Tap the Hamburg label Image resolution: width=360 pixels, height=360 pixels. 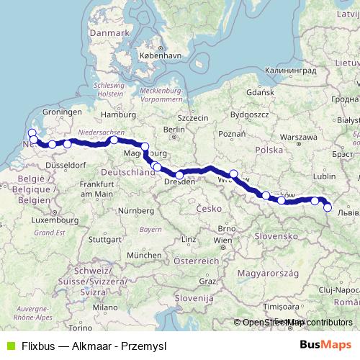(x=114, y=114)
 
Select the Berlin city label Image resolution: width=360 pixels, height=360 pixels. (x=174, y=130)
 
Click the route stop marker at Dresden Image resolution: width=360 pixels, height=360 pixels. (x=179, y=175)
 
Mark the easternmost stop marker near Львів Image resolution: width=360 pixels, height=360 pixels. (x=328, y=208)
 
